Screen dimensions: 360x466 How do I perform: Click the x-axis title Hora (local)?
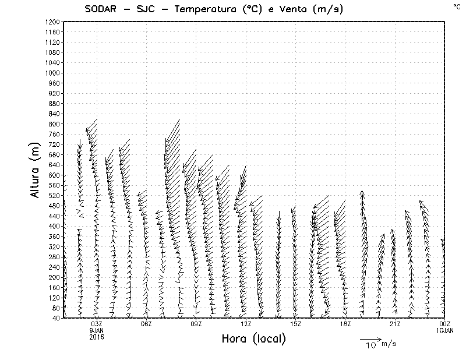(253, 339)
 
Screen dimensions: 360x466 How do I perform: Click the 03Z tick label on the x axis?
(97, 324)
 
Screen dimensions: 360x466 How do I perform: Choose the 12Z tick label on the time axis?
(246, 324)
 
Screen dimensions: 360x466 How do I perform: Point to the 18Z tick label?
(345, 324)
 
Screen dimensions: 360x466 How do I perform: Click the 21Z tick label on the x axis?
(395, 324)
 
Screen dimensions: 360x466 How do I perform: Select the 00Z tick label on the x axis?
(445, 324)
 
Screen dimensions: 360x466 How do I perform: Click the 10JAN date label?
(445, 330)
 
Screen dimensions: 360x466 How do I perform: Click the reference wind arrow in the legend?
(369, 338)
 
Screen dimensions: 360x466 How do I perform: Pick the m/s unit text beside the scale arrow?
(389, 344)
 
